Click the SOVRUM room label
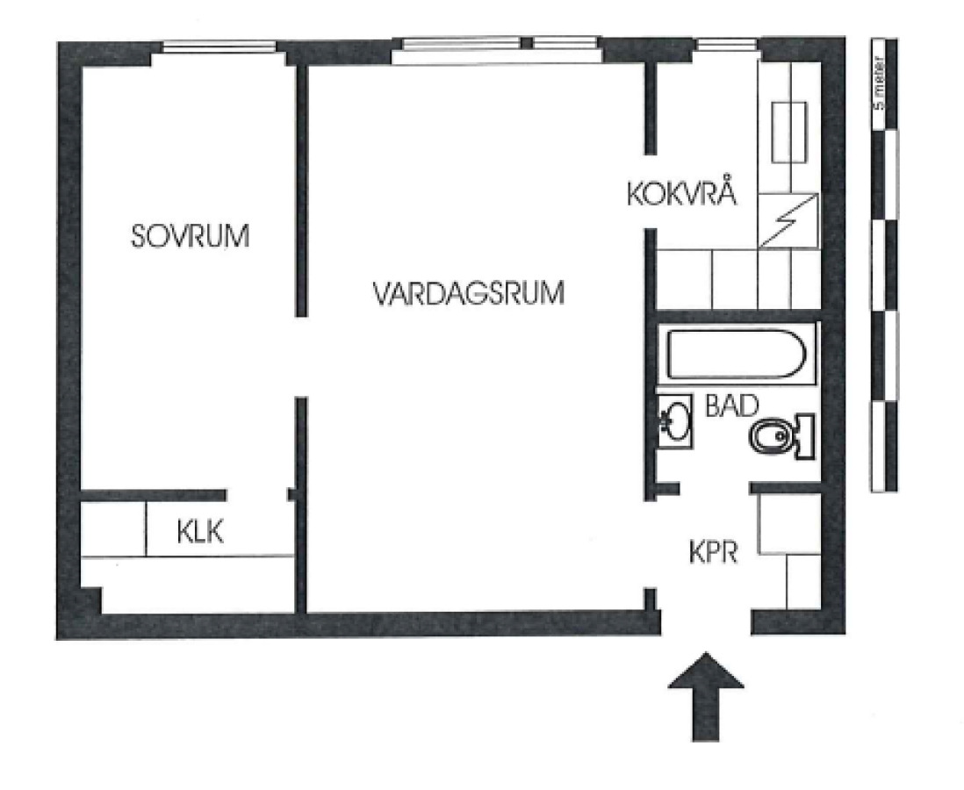tap(190, 236)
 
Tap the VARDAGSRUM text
tap(469, 293)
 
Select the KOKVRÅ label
tap(682, 192)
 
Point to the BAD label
tap(731, 406)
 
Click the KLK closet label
tap(200, 531)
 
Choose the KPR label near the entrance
tap(713, 552)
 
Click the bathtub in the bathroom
tap(737, 355)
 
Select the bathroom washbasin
tap(674, 421)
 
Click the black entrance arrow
tap(706, 696)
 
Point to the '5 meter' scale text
tap(878, 83)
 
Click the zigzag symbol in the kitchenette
tap(788, 220)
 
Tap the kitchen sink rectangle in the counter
tap(788, 133)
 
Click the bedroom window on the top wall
tap(219, 47)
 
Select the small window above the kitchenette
tap(727, 44)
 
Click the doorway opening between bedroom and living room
tap(300, 357)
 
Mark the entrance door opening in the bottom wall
tap(706, 621)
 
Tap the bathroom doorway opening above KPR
tap(715, 489)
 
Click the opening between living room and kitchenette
tap(650, 192)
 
